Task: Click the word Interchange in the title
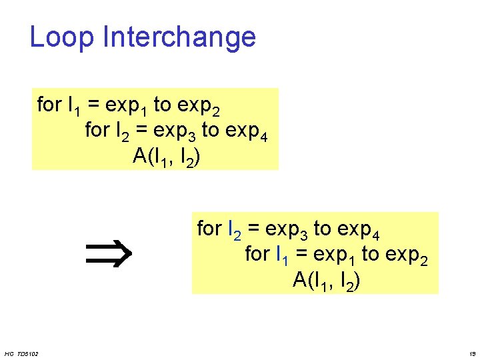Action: click(x=179, y=38)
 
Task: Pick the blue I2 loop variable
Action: click(x=235, y=230)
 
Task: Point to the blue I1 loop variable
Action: click(x=283, y=255)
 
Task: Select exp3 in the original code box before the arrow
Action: click(x=173, y=131)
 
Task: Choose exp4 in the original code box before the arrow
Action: click(x=247, y=131)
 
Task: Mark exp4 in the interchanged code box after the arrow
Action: click(x=359, y=230)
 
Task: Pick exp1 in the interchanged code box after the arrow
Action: click(x=333, y=255)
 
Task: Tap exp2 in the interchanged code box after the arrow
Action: click(x=407, y=255)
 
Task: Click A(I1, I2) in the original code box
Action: click(x=167, y=157)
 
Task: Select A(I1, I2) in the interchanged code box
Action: click(x=327, y=281)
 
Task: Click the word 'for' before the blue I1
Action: click(x=257, y=254)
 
